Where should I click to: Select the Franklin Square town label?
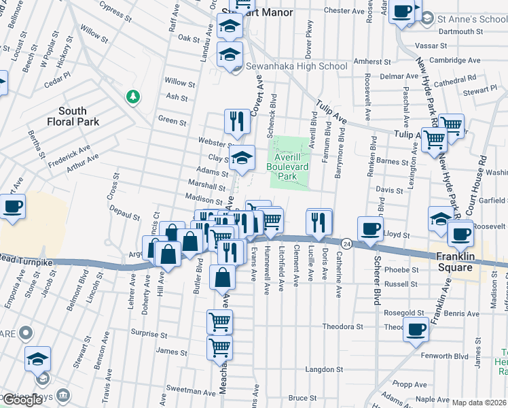pyautogui.click(x=454, y=262)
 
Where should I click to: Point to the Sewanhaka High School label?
pyautogui.click(x=296, y=66)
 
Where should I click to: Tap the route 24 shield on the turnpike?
pyautogui.click(x=346, y=243)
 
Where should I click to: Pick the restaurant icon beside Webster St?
pyautogui.click(x=237, y=122)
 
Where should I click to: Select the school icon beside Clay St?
pyautogui.click(x=241, y=160)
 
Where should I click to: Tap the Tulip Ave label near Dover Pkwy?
pyautogui.click(x=331, y=114)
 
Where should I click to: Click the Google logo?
pyautogui.click(x=22, y=400)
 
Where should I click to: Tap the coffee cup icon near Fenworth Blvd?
pyautogui.click(x=416, y=331)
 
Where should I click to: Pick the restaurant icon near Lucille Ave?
pyautogui.click(x=319, y=220)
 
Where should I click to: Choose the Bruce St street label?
pyautogui.click(x=298, y=398)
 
